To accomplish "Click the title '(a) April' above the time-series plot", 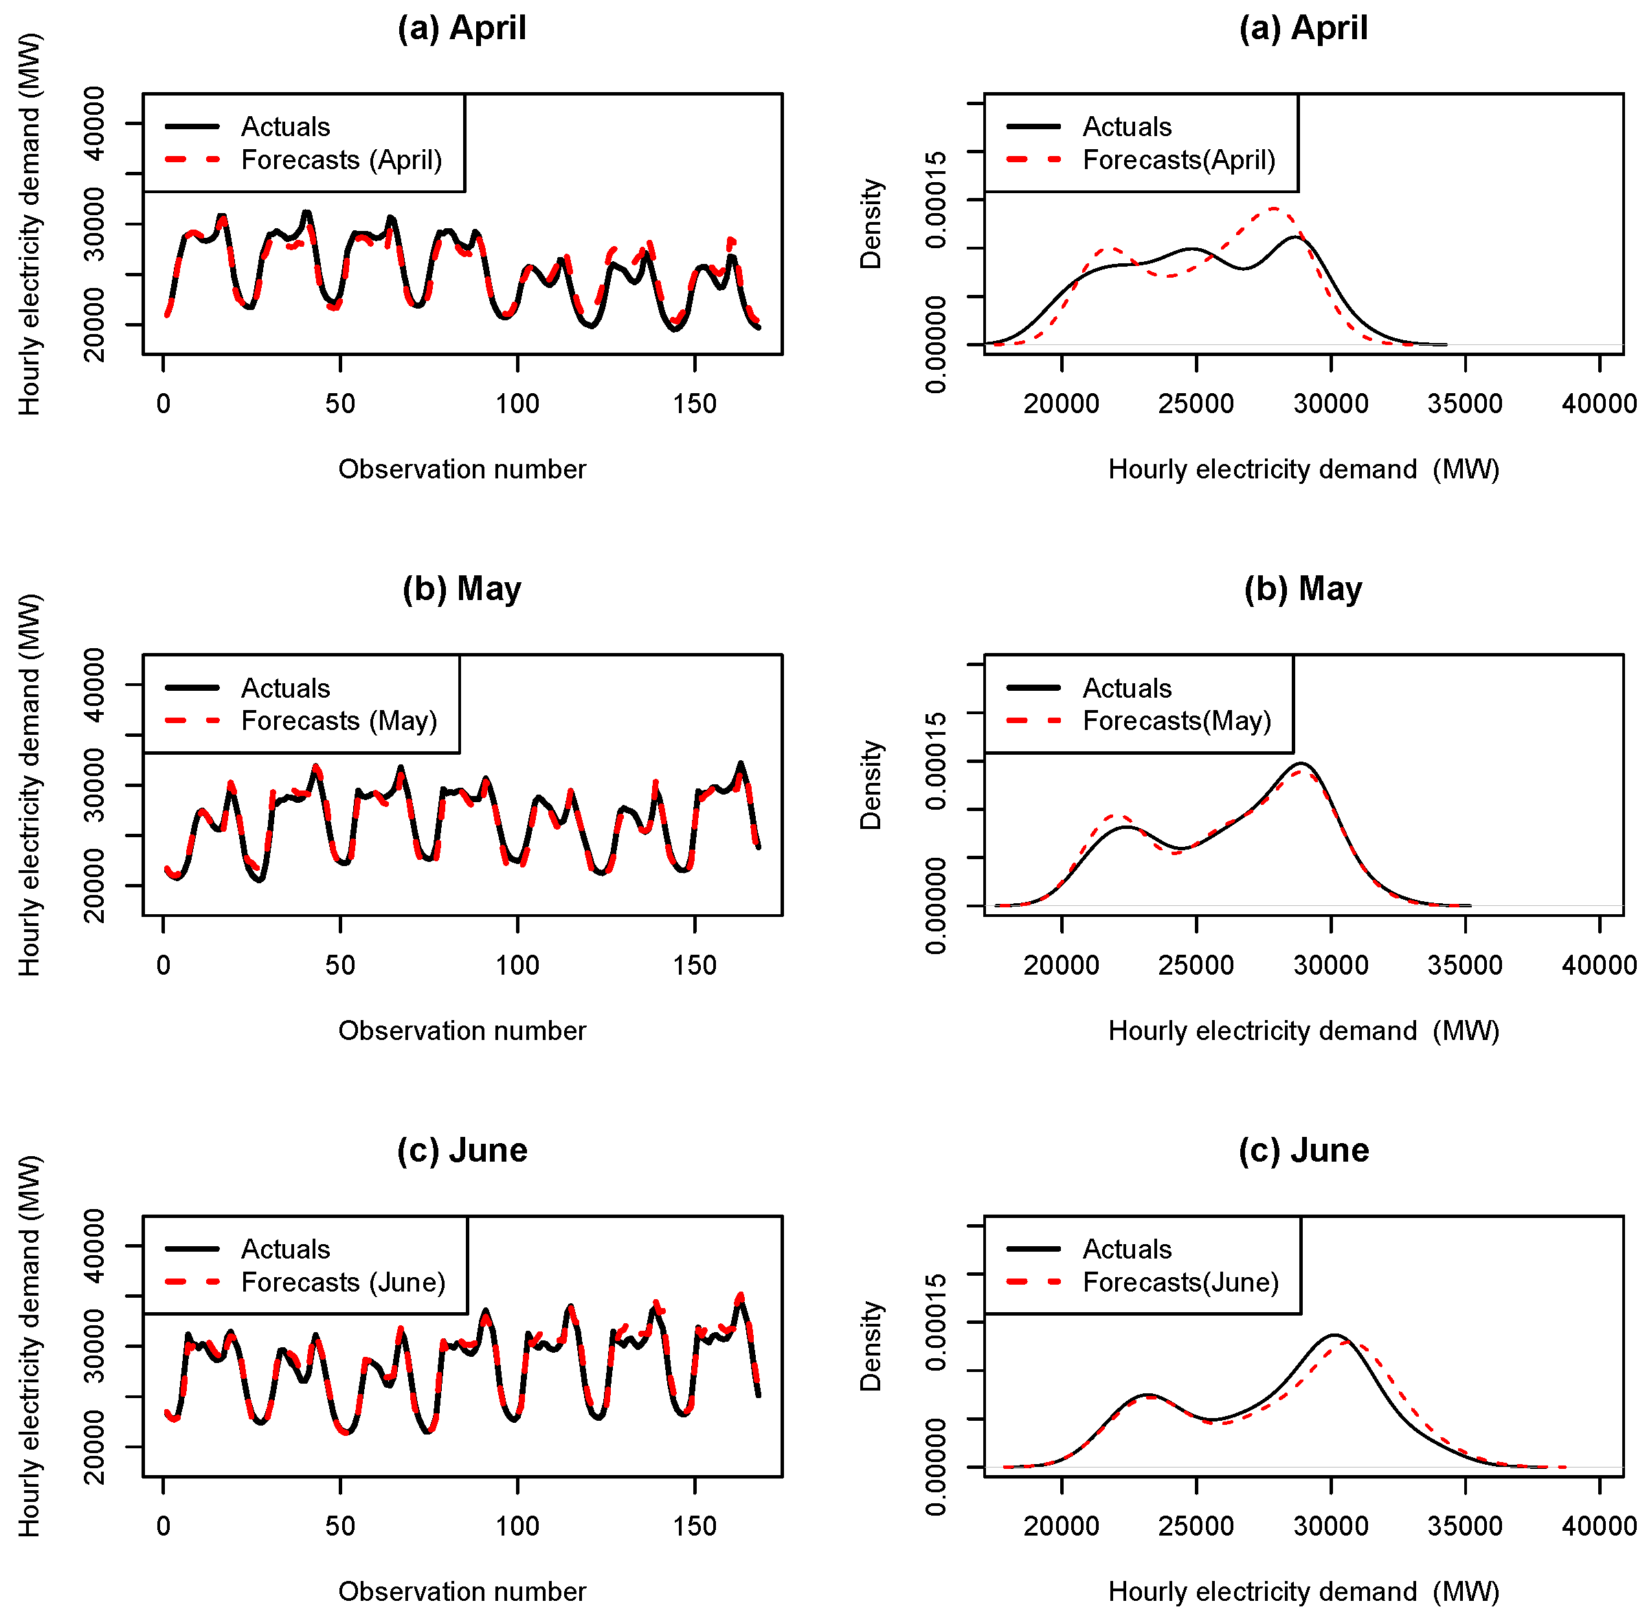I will [x=462, y=28].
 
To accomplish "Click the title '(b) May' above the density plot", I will [x=1303, y=588].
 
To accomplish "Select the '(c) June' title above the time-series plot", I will [x=462, y=1150].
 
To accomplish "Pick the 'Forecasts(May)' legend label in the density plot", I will [x=1176, y=720].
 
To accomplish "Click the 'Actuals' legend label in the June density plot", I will [x=1126, y=1248].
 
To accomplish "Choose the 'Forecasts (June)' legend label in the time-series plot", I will [x=343, y=1282].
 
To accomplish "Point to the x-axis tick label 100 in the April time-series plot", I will [x=517, y=404].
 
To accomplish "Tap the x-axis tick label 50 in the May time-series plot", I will [x=339, y=965].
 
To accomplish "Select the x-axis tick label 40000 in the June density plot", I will [x=1599, y=1526].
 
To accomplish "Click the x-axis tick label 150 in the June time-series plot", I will [x=694, y=1526].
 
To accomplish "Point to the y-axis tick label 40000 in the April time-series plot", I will [x=94, y=124].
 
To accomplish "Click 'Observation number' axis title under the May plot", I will [x=462, y=1030].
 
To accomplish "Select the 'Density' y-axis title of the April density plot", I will [x=871, y=223].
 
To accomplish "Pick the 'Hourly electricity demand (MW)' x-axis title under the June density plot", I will [x=1303, y=1591].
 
